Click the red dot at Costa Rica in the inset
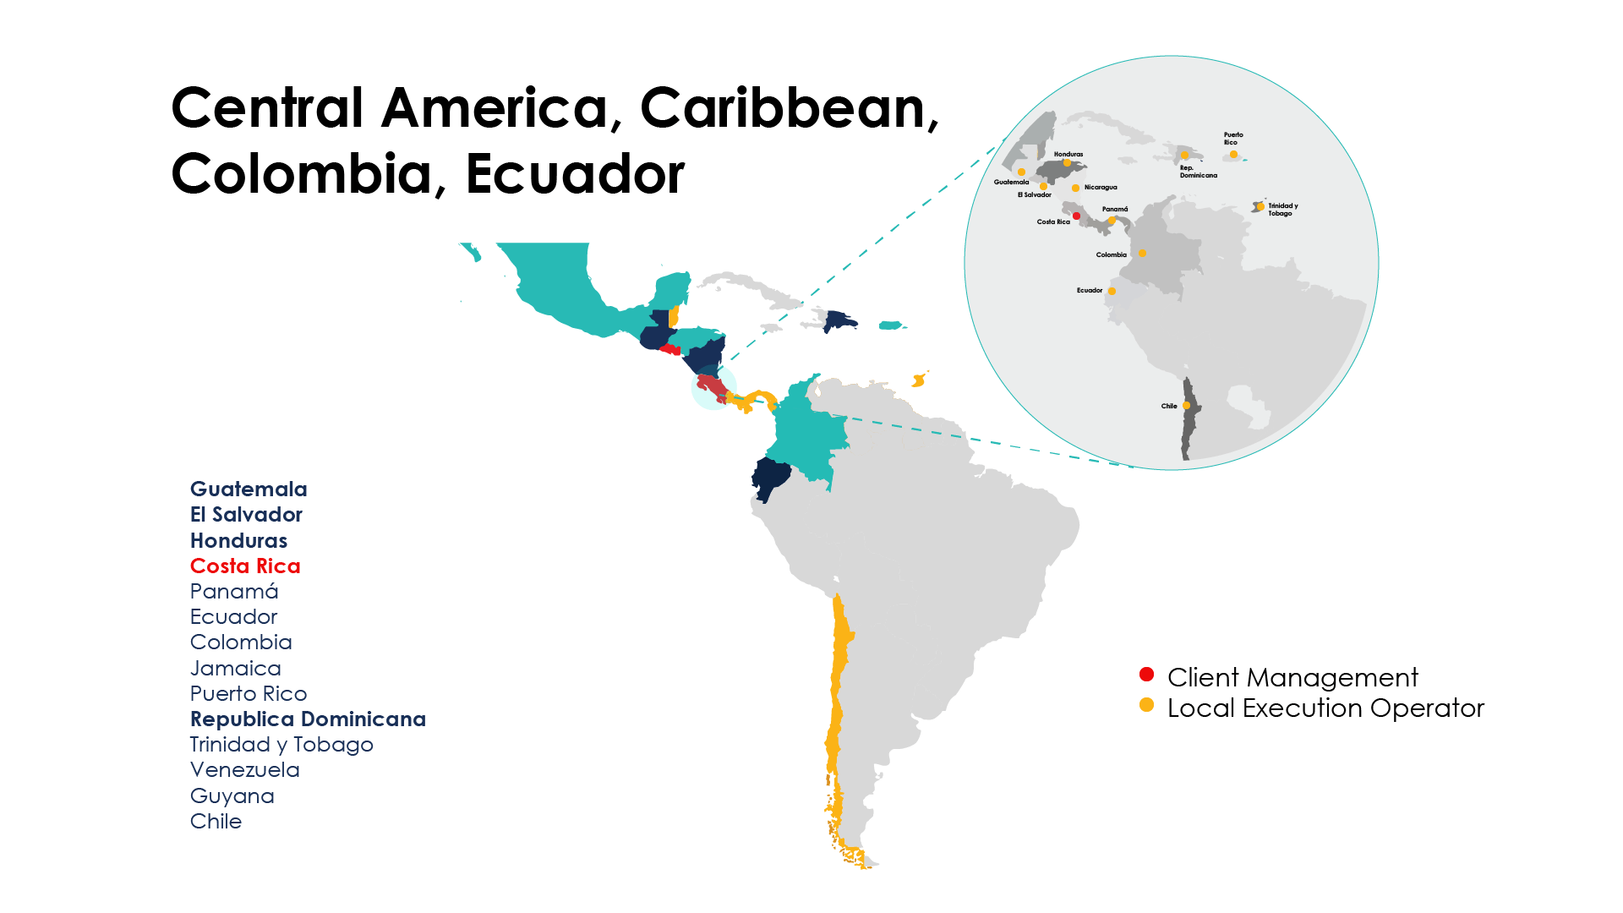click(1076, 216)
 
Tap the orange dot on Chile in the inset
click(1187, 406)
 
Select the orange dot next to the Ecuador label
click(1112, 291)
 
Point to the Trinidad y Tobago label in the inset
click(1282, 210)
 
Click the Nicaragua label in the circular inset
click(1101, 188)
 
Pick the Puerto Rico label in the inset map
click(1233, 139)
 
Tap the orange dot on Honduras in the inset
click(1067, 163)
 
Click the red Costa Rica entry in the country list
click(245, 566)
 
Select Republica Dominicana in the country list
click(308, 719)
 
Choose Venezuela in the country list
click(245, 770)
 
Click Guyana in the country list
click(232, 796)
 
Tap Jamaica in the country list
click(236, 669)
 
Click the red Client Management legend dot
click(1146, 675)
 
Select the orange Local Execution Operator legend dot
click(1146, 705)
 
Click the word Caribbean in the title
click(788, 108)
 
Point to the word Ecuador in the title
click(575, 174)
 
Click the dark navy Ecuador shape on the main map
click(772, 478)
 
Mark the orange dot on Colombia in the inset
click(1142, 253)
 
